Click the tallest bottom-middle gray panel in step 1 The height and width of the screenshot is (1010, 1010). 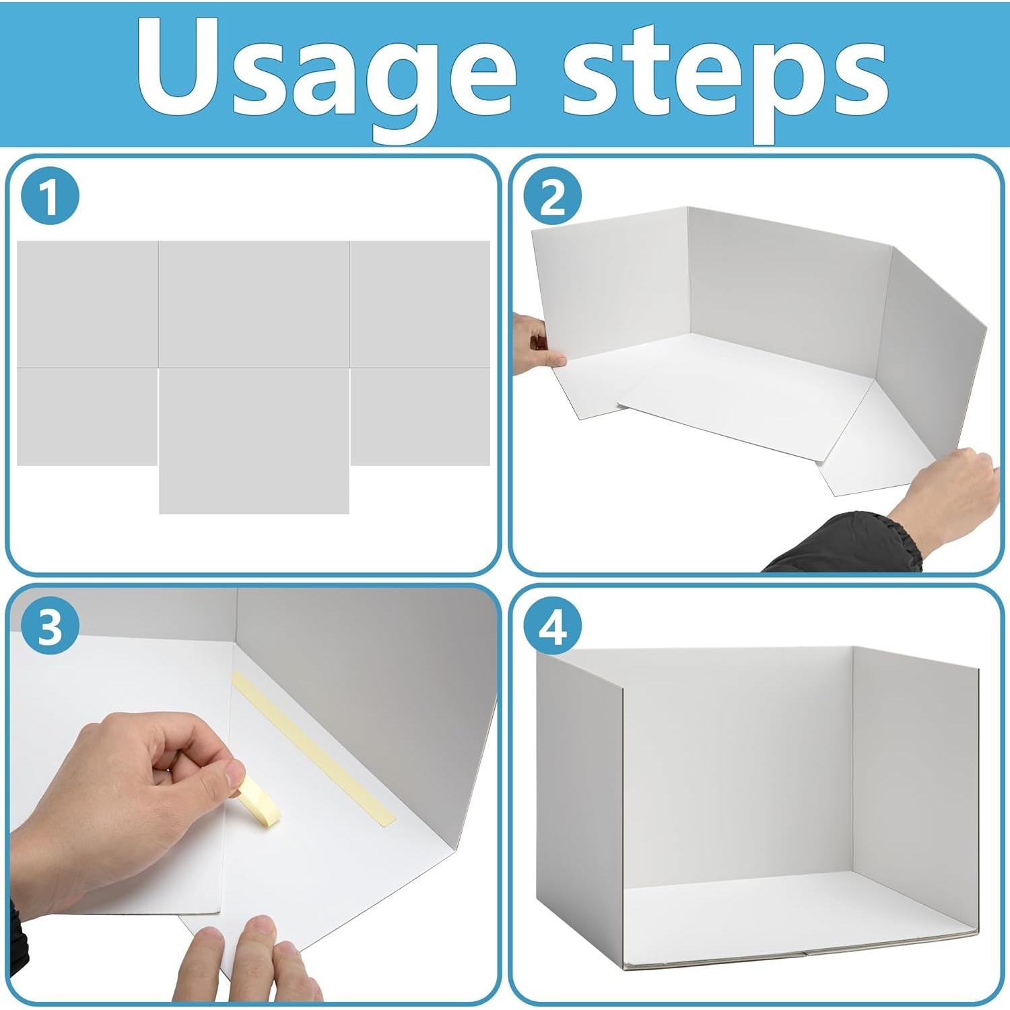click(254, 441)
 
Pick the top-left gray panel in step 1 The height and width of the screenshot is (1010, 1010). click(88, 304)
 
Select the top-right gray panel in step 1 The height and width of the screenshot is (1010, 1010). click(420, 304)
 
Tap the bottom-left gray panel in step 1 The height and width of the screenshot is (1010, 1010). click(87, 416)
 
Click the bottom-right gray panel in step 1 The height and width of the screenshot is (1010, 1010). click(420, 416)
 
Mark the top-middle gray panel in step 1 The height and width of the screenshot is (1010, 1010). click(254, 304)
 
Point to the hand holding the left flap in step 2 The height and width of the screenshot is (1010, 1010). click(539, 343)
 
